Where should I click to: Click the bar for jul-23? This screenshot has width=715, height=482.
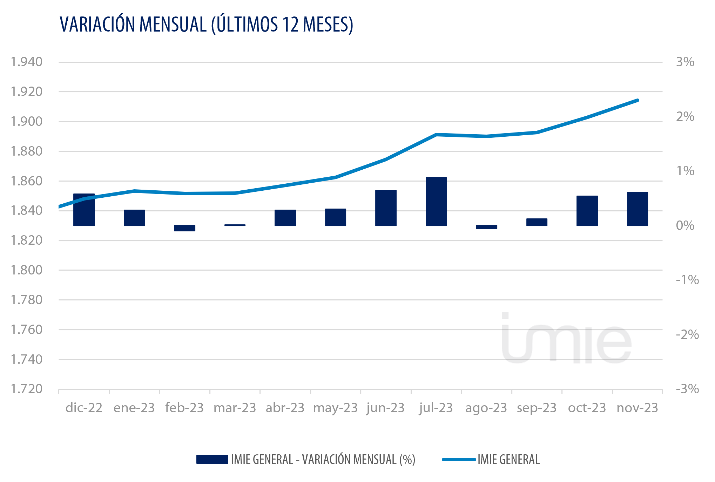436,202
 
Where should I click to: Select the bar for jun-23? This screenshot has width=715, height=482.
386,208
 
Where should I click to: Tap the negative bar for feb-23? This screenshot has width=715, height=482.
184,228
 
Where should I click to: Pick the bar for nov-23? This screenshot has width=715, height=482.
637,209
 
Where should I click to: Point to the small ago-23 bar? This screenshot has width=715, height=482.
486,227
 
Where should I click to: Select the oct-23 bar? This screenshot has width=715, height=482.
587,211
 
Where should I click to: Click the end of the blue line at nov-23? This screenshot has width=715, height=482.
638,100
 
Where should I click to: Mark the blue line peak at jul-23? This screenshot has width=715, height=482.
436,134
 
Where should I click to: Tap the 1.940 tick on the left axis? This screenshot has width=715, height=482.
27,62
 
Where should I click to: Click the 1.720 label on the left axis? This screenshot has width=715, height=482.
27,389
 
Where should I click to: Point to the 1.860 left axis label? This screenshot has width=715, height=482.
27,181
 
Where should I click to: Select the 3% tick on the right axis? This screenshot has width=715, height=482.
685,62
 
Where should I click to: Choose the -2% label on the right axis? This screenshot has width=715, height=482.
687,334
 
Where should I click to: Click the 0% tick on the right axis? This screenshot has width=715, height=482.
685,225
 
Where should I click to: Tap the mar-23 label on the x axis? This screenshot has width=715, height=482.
235,408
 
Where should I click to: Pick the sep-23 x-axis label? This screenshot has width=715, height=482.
537,408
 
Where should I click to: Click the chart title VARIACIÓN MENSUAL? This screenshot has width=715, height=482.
206,25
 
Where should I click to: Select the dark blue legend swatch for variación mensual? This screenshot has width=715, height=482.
212,459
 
